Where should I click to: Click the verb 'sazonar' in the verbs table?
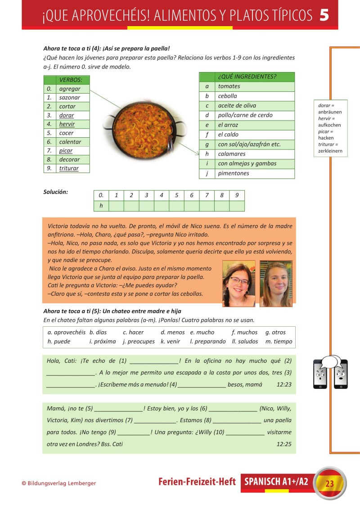[70, 97]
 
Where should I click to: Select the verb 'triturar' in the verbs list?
[69, 168]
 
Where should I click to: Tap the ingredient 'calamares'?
[232, 154]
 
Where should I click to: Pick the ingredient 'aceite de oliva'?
[237, 106]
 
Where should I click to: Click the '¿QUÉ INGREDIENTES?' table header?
[247, 77]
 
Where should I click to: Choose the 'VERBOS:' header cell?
[71, 80]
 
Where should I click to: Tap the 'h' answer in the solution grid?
[101, 206]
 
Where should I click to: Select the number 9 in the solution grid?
[237, 195]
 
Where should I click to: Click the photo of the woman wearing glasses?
[238, 284]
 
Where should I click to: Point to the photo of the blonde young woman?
[276, 284]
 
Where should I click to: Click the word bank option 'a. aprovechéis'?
[66, 332]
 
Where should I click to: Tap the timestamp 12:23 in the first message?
[284, 384]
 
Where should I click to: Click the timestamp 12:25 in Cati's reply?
[284, 444]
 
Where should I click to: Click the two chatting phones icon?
[330, 372]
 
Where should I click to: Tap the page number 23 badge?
[329, 483]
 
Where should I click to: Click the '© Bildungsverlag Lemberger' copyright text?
[59, 483]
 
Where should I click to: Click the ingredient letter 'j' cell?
[207, 173]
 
